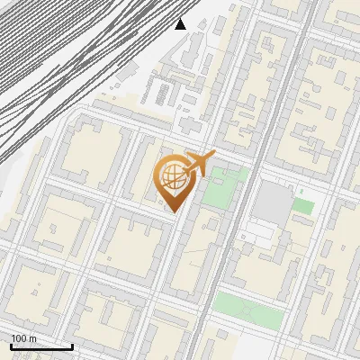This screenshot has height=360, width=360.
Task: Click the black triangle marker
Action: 181,23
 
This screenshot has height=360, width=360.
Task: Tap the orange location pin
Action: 174,181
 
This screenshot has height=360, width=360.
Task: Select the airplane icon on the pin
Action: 198,166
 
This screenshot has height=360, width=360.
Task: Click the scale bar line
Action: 41,347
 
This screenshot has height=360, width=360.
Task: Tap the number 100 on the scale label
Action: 18,338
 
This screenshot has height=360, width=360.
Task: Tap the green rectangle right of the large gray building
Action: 303,206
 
